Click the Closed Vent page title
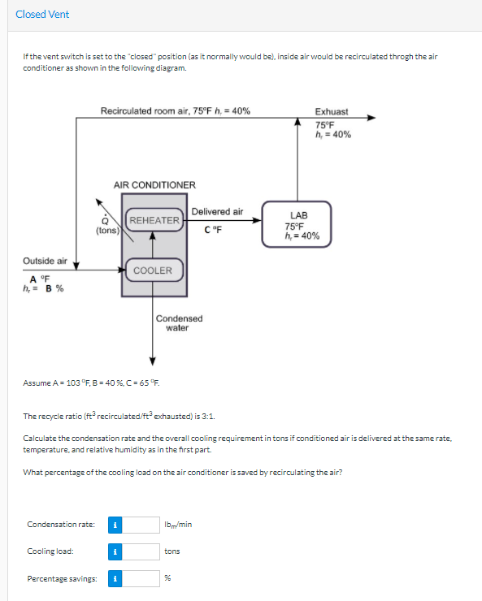[x=42, y=14]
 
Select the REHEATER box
[x=154, y=221]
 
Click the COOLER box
[x=153, y=270]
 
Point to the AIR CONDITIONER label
[x=154, y=185]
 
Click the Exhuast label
[x=332, y=111]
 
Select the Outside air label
[x=45, y=261]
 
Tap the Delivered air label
[x=217, y=211]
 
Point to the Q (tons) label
[x=106, y=225]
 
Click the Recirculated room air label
[x=175, y=110]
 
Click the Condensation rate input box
[x=142, y=525]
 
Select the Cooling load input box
[x=142, y=551]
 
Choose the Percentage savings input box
[x=142, y=579]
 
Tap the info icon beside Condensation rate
[x=115, y=525]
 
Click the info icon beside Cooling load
[x=115, y=551]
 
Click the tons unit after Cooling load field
[x=172, y=551]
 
